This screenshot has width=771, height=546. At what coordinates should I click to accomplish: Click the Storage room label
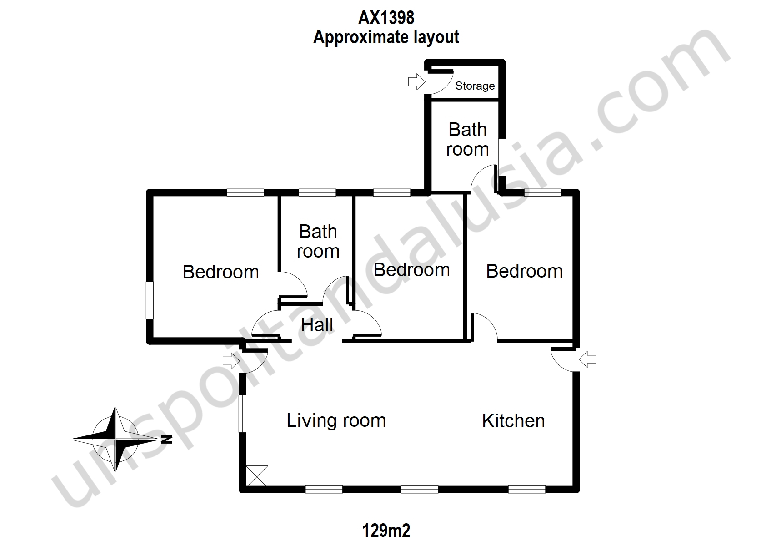475,86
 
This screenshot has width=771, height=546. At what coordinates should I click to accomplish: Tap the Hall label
317,325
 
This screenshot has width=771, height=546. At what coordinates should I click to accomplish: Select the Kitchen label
513,420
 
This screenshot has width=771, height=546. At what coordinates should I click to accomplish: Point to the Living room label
336,420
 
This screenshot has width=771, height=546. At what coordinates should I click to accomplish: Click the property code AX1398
386,18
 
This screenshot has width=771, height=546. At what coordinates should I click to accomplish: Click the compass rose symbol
115,439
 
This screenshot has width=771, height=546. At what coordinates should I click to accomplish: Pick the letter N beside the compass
167,439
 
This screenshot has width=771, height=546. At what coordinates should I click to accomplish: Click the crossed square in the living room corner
257,476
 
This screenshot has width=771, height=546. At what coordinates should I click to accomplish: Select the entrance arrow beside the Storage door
416,82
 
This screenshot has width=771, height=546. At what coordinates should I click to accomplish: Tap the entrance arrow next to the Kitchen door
587,359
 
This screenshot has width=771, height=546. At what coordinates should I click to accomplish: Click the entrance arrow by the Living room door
231,361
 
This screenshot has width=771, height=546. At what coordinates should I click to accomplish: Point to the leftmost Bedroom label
220,272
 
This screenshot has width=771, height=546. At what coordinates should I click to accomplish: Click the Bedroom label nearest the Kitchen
524,271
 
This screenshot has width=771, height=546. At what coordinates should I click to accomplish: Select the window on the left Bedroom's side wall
150,300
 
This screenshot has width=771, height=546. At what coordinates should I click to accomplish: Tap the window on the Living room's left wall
243,414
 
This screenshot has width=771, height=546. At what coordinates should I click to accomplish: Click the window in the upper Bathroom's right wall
502,157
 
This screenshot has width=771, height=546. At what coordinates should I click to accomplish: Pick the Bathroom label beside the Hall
318,241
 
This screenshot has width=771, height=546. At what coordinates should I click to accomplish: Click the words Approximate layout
386,37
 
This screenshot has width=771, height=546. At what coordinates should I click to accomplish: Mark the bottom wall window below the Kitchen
527,490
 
